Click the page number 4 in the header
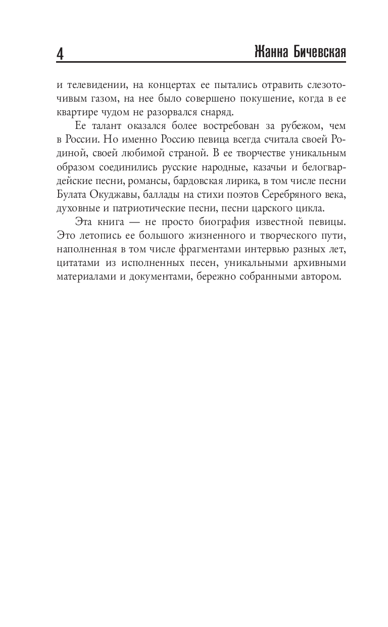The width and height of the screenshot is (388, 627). tap(60, 53)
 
